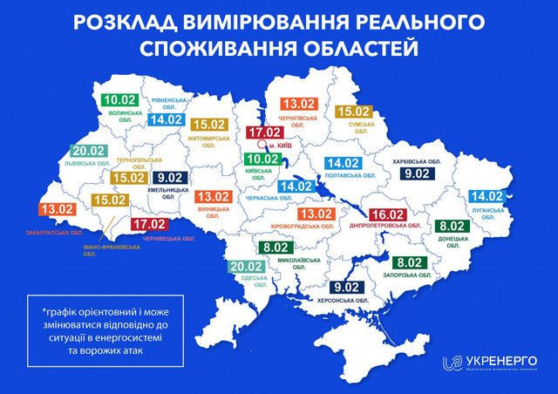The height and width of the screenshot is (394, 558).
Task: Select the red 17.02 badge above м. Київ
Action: pyautogui.click(x=264, y=133)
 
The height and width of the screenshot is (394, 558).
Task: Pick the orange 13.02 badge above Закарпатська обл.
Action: pyautogui.click(x=55, y=210)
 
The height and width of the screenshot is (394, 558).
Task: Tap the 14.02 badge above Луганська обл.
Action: pyautogui.click(x=487, y=196)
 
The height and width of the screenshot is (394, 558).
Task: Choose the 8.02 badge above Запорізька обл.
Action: pyautogui.click(x=410, y=262)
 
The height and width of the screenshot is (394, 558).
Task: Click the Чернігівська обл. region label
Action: pyautogui.click(x=303, y=125)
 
